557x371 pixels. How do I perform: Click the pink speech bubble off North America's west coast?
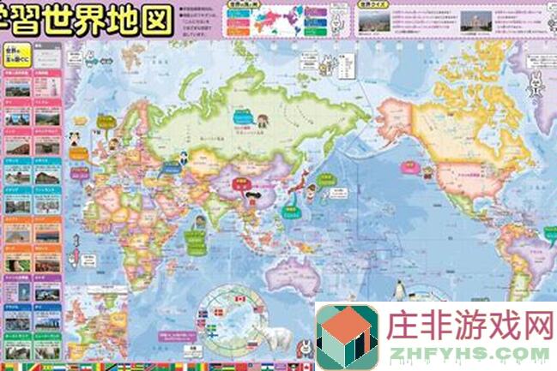pos(410,171)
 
